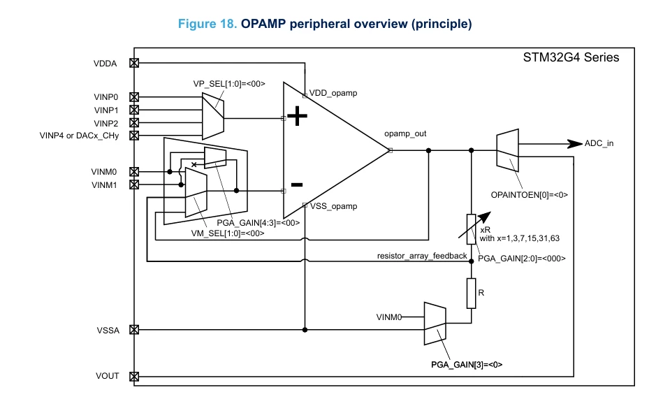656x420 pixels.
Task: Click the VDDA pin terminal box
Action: [134, 63]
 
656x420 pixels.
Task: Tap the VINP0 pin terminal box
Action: [134, 97]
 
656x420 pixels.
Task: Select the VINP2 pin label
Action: [106, 124]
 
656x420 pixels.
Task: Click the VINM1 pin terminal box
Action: [134, 184]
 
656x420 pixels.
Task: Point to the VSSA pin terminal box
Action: [134, 330]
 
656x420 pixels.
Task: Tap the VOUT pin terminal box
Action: [134, 377]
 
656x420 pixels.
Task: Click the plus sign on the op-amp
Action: [298, 116]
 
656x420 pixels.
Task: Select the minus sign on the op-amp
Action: [297, 184]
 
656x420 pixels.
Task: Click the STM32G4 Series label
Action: [571, 57]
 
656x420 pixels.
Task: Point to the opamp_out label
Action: [405, 133]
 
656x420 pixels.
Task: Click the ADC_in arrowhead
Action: [574, 144]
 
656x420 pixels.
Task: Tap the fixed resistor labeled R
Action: [471, 294]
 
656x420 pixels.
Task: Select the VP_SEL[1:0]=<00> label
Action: [229, 84]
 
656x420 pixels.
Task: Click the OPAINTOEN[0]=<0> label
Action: [530, 194]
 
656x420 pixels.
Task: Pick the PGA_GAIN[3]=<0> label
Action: [467, 364]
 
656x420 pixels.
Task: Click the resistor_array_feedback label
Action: [422, 256]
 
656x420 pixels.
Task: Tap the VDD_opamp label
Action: [333, 93]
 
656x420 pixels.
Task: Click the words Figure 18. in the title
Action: [207, 24]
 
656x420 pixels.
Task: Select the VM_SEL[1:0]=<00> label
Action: [228, 233]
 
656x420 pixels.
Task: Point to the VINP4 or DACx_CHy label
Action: [79, 136]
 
